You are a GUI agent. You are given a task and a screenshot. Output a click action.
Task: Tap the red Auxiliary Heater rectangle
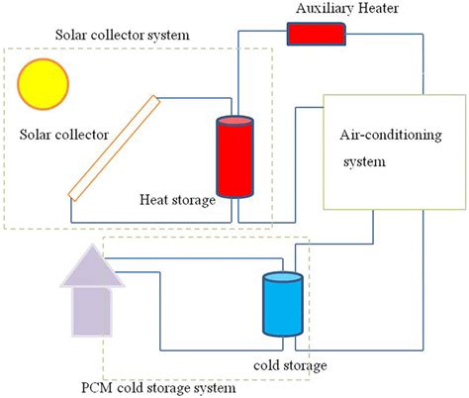(317, 33)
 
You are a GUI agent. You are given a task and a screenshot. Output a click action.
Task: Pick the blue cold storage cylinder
(281, 310)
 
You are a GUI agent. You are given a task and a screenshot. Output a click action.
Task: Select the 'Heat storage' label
(177, 201)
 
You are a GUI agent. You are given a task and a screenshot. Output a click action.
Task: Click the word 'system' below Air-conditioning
(363, 161)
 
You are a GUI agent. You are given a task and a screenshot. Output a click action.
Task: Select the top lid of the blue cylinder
(281, 276)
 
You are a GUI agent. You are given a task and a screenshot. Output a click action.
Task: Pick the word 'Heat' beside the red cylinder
(156, 201)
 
